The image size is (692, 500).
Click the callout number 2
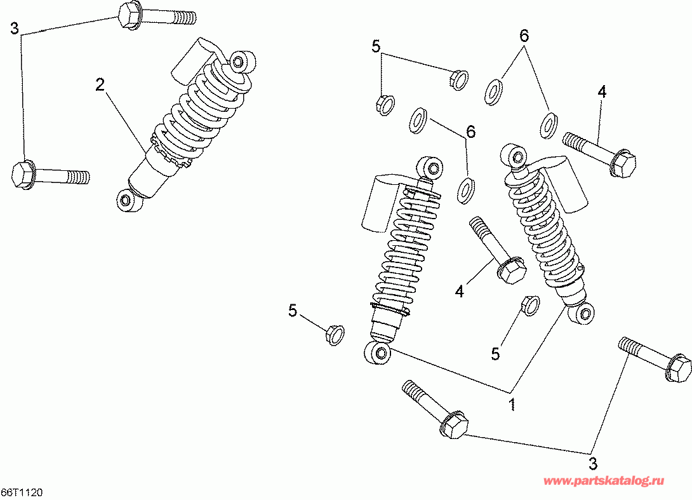pyautogui.click(x=100, y=84)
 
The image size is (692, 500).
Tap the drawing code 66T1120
pyautogui.click(x=22, y=493)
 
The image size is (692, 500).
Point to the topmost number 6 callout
pyautogui.click(x=524, y=36)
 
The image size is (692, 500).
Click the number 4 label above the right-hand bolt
pyautogui.click(x=602, y=91)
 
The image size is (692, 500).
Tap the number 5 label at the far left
pyautogui.click(x=293, y=310)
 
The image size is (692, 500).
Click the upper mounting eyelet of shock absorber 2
pyautogui.click(x=239, y=61)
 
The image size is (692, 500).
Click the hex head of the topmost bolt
pyautogui.click(x=130, y=15)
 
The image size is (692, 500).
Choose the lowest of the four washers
pyautogui.click(x=467, y=188)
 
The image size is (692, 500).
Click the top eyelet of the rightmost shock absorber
pyautogui.click(x=514, y=154)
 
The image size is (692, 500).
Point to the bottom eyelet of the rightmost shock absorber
pyautogui.click(x=585, y=311)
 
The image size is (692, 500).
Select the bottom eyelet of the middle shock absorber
pyautogui.click(x=378, y=353)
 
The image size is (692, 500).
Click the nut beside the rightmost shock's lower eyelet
pyautogui.click(x=529, y=305)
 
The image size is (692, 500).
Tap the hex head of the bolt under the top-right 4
pyautogui.click(x=623, y=164)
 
